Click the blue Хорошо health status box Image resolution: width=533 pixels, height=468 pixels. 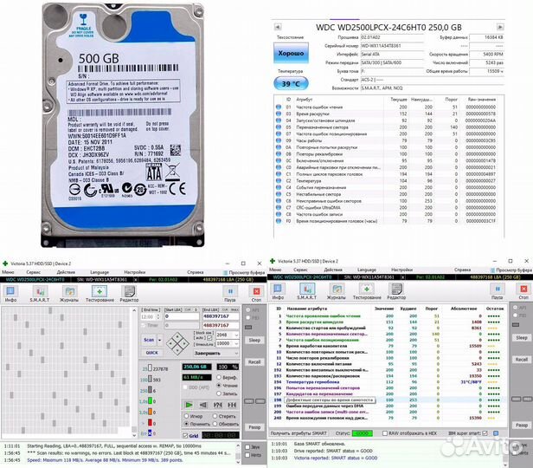(290, 53)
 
